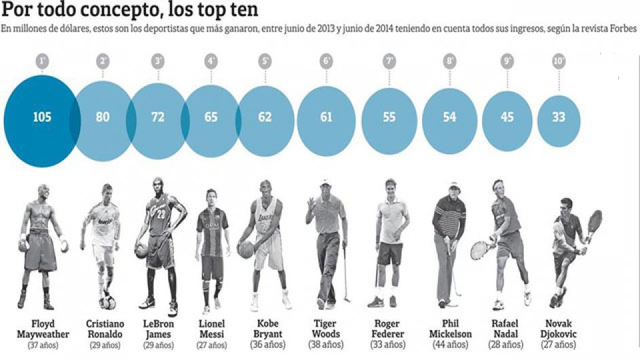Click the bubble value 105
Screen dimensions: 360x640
tap(42, 117)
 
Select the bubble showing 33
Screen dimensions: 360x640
tap(559, 117)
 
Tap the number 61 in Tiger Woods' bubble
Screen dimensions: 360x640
tap(326, 117)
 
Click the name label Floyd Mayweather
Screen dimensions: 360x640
tap(43, 329)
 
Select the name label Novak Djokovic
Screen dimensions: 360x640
tap(559, 329)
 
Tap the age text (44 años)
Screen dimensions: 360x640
tap(451, 345)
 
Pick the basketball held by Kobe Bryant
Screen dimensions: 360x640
tap(246, 249)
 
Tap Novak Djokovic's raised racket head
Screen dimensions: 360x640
tap(595, 221)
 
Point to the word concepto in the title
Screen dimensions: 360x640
tap(100, 11)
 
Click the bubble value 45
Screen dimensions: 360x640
tap(507, 117)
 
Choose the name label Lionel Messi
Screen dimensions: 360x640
tap(212, 329)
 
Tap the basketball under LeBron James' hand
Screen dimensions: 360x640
tap(141, 251)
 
